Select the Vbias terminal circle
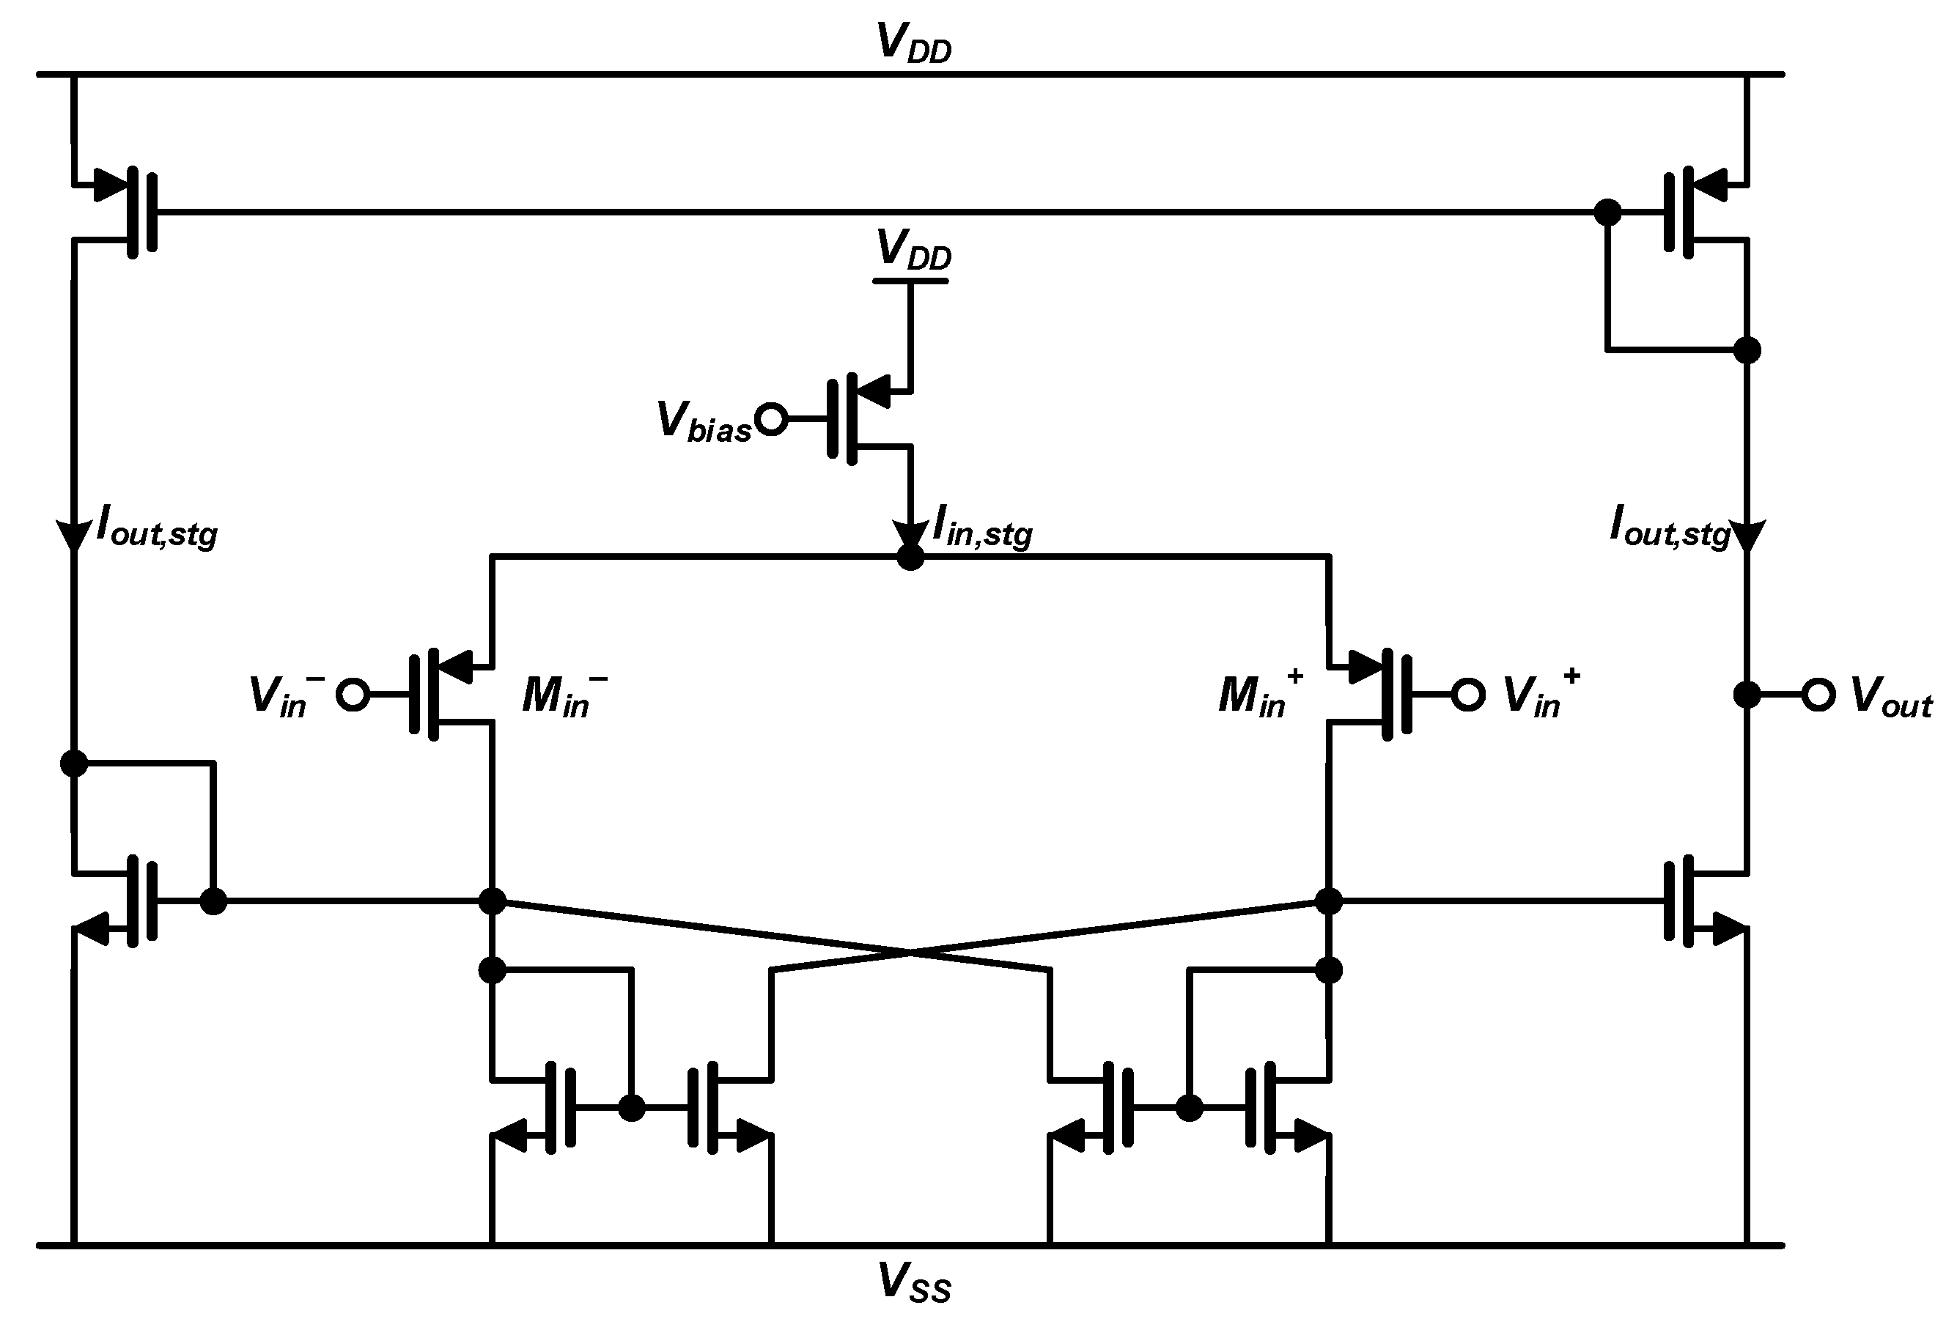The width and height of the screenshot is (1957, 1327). click(770, 418)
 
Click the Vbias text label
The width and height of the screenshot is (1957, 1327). click(702, 422)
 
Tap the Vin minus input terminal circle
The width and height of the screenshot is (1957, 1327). click(352, 695)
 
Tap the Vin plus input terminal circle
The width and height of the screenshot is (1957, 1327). click(1467, 695)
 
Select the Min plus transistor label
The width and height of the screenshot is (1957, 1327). click(1259, 696)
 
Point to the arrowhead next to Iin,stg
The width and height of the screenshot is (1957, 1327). click(910, 536)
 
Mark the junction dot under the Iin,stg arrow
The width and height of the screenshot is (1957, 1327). click(910, 558)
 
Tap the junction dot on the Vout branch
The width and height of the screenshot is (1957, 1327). click(1747, 695)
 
